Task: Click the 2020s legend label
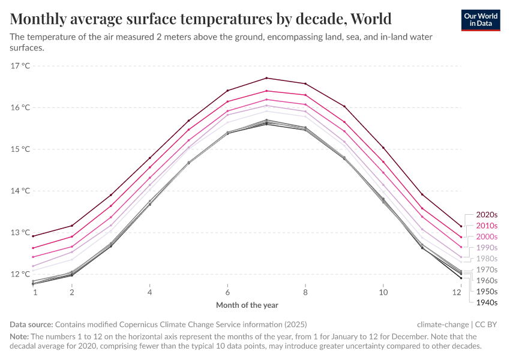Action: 487,215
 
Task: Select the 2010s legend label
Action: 487,226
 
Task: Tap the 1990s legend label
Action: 487,248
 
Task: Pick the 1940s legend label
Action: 487,302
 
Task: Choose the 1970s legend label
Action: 487,269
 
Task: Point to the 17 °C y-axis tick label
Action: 20,66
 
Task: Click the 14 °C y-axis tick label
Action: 20,191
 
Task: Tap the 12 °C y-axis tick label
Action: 20,274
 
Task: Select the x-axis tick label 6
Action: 227,292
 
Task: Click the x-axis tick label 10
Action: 383,292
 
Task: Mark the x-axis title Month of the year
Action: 247,305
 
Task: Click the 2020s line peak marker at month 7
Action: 266,78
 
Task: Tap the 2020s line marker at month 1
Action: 33,236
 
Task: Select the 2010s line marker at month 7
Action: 266,91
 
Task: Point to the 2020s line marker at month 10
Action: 383,148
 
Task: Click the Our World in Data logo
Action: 481,20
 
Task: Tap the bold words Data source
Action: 31,323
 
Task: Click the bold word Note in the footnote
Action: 19,337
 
